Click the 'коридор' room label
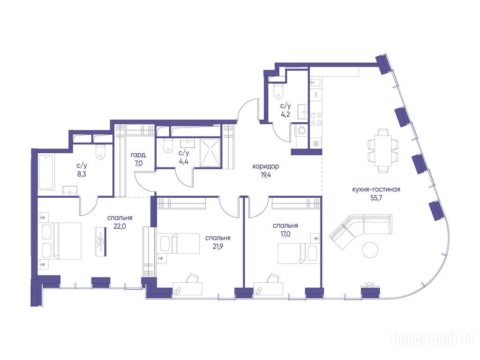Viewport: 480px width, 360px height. pos(265,166)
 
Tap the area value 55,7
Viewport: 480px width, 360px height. pos(376,197)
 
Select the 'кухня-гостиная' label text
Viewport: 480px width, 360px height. pos(376,189)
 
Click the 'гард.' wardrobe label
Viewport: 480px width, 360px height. pos(138,154)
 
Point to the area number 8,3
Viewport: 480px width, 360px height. pos(82,174)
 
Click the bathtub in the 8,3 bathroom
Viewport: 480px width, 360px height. pos(46,172)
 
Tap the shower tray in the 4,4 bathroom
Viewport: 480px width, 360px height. pos(210,153)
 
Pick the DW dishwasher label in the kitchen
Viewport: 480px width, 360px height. pos(316,95)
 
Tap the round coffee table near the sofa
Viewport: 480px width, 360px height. pos(371,250)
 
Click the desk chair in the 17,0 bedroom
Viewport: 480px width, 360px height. pos(273,278)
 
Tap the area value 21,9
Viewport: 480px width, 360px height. pos(217,246)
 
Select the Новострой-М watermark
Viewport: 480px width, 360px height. pos(432,338)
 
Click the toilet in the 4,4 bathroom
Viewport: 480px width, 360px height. pos(167,146)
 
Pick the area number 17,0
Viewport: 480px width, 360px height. pos(285,234)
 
